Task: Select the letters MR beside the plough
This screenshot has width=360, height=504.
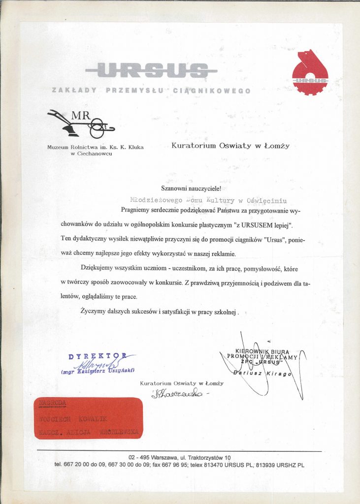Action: pyautogui.click(x=80, y=116)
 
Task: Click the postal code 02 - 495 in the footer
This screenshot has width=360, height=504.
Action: pyautogui.click(x=139, y=458)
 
